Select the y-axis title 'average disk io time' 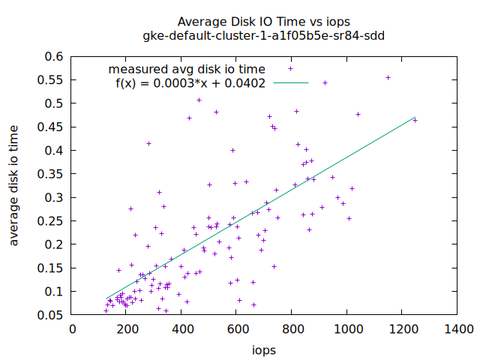[14, 184]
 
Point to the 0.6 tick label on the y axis [53, 56]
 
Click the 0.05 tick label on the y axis [50, 315]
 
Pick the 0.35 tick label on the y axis [50, 174]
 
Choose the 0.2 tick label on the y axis [53, 244]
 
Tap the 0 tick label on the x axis [73, 328]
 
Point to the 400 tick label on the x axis [183, 328]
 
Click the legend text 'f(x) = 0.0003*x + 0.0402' [190, 83]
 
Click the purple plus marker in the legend [291, 69]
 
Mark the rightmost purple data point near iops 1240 [415, 120]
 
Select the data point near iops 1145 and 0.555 [388, 77]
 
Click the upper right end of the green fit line [414, 117]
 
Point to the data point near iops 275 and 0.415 [148, 143]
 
